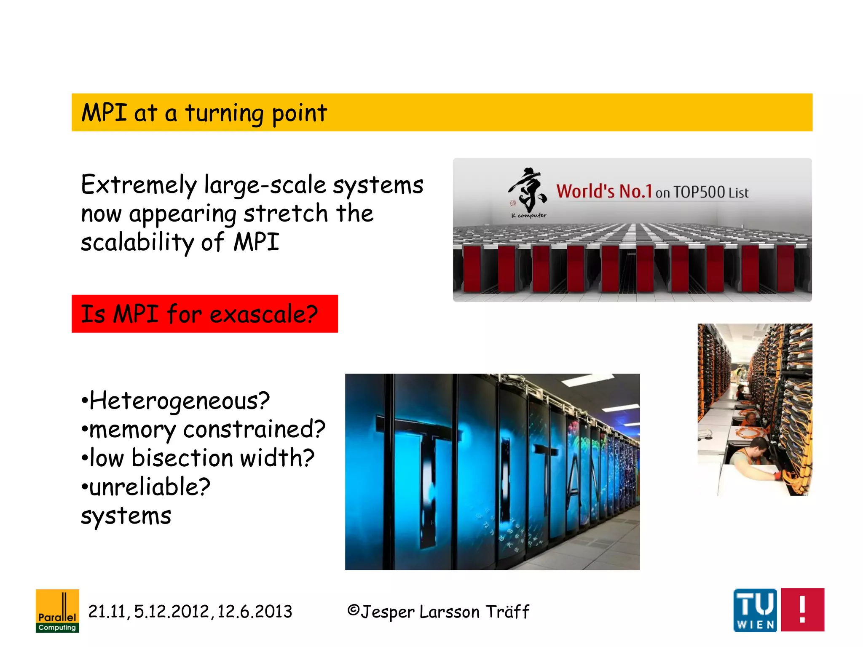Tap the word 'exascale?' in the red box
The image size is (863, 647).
pyautogui.click(x=263, y=314)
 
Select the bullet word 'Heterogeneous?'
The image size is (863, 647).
pyautogui.click(x=180, y=401)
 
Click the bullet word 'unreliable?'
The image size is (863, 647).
pyautogui.click(x=150, y=487)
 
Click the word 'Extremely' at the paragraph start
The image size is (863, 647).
pyautogui.click(x=139, y=185)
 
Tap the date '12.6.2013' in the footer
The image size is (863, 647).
pyautogui.click(x=255, y=612)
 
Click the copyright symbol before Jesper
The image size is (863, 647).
pyautogui.click(x=353, y=610)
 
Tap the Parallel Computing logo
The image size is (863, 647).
pyautogui.click(x=57, y=611)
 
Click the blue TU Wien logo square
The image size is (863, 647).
pyautogui.click(x=755, y=610)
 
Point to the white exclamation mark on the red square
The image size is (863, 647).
pyautogui.click(x=802, y=610)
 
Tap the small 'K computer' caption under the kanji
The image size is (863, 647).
pyautogui.click(x=529, y=216)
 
